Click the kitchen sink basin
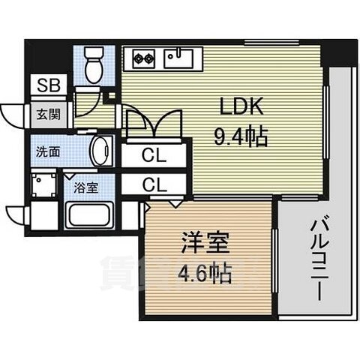(181, 57)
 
